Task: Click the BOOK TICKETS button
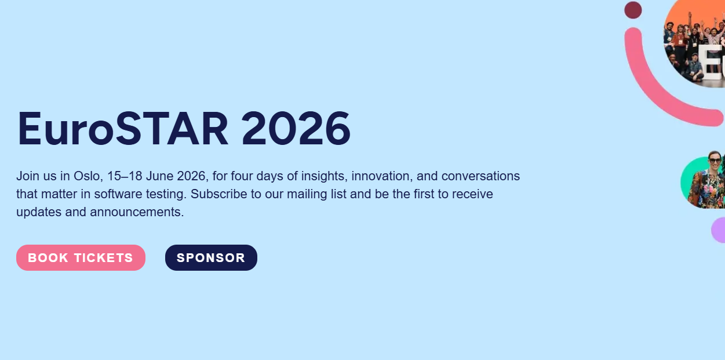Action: coord(81,257)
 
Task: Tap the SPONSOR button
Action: coord(211,257)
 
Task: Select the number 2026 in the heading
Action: coord(296,129)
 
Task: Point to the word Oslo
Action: coord(87,176)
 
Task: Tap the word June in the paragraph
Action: coord(160,176)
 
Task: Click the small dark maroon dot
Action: coord(633,10)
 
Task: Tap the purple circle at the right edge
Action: coord(719,230)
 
